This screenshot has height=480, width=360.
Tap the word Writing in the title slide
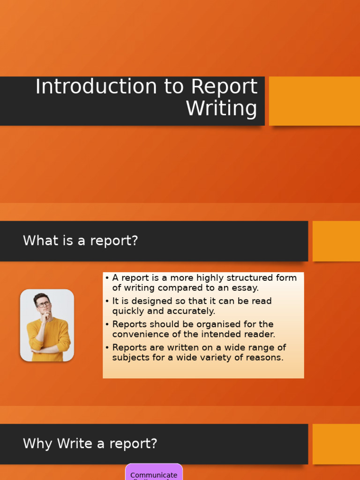point(221,108)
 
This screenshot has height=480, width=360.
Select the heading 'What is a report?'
point(81,241)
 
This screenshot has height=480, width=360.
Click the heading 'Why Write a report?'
point(90,443)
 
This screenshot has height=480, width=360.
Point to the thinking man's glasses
point(44,304)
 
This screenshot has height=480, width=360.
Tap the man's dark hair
point(41,297)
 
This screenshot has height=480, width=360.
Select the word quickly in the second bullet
point(130,311)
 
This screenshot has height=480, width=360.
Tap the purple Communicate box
point(154,472)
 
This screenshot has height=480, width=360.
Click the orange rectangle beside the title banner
point(314,101)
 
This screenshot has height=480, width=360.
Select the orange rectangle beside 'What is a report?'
point(336,241)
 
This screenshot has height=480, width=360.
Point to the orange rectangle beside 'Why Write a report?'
point(336,444)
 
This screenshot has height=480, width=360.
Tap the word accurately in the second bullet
point(192,311)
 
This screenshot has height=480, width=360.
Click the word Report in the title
point(224,87)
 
